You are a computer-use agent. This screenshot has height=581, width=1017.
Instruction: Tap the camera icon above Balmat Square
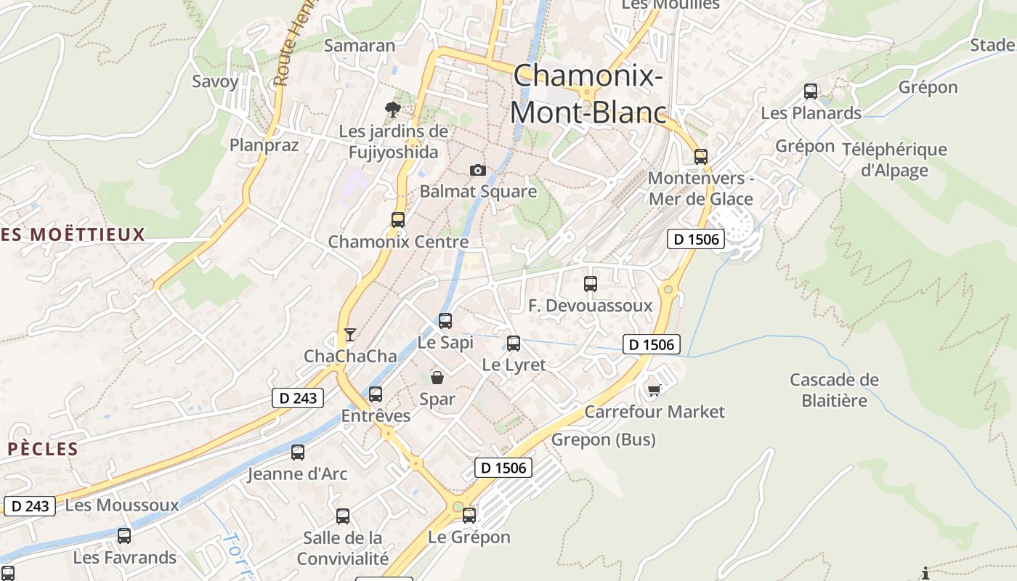pyautogui.click(x=477, y=170)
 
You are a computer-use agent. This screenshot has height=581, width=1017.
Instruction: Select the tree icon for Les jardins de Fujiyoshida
pyautogui.click(x=393, y=110)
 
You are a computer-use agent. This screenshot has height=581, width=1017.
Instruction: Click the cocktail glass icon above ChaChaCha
pyautogui.click(x=350, y=334)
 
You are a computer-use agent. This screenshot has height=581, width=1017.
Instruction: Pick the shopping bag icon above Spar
pyautogui.click(x=437, y=377)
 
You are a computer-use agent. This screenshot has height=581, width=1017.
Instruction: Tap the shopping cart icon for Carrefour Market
pyautogui.click(x=654, y=390)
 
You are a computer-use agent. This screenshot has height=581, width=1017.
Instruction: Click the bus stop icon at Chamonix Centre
pyautogui.click(x=397, y=219)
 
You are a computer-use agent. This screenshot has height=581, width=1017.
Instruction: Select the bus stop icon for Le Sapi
pyautogui.click(x=445, y=320)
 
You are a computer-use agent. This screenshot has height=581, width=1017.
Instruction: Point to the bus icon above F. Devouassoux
pyautogui.click(x=591, y=284)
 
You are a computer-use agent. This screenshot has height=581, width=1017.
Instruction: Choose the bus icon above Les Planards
pyautogui.click(x=811, y=92)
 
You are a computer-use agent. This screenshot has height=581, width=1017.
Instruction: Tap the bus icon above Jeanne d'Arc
pyautogui.click(x=298, y=452)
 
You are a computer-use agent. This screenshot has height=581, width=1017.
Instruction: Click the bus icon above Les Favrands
pyautogui.click(x=124, y=536)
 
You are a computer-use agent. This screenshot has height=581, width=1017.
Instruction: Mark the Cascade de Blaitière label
pyautogui.click(x=834, y=390)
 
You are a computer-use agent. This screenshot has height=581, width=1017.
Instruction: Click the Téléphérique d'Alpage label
pyautogui.click(x=894, y=160)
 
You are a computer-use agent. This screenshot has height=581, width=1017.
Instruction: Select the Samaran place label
pyautogui.click(x=360, y=45)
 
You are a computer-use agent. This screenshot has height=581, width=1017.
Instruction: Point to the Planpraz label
pyautogui.click(x=264, y=145)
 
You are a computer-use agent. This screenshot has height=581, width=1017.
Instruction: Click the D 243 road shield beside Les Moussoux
pyautogui.click(x=30, y=505)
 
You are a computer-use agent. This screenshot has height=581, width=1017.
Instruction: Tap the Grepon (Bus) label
pyautogui.click(x=603, y=439)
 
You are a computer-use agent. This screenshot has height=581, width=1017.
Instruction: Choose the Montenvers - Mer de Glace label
pyautogui.click(x=701, y=188)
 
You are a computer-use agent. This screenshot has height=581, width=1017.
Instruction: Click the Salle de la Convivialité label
pyautogui.click(x=343, y=548)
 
